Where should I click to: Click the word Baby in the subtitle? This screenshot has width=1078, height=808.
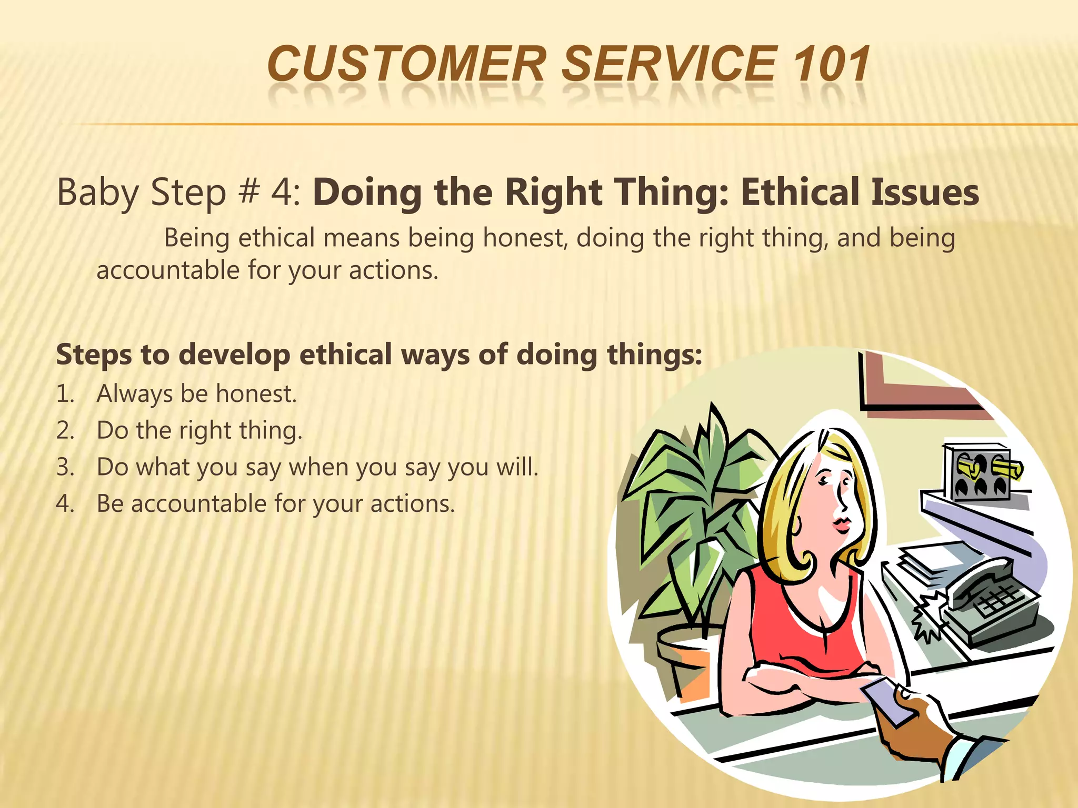tap(97, 193)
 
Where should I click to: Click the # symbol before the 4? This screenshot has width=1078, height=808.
tap(248, 193)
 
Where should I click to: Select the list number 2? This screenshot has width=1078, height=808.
tap(64, 431)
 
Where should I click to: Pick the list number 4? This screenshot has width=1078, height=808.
tap(64, 504)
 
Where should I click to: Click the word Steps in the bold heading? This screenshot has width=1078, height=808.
tap(94, 355)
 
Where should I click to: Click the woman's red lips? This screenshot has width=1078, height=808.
tap(841, 524)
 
